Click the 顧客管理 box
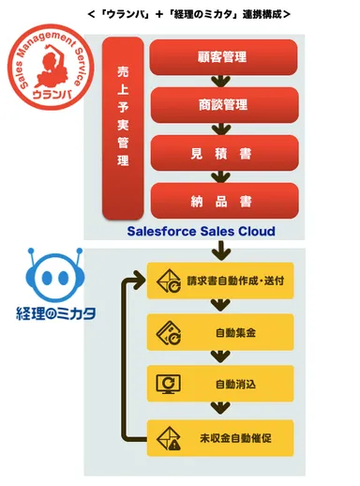[x=223, y=57]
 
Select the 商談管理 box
[x=223, y=104]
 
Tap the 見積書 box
[x=223, y=152]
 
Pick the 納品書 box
[x=223, y=200]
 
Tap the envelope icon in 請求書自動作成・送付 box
[x=170, y=280]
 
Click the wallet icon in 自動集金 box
[x=170, y=331]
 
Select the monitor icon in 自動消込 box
[x=170, y=383]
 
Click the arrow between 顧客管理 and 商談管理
[x=223, y=81]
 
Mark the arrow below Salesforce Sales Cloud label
[x=223, y=251]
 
